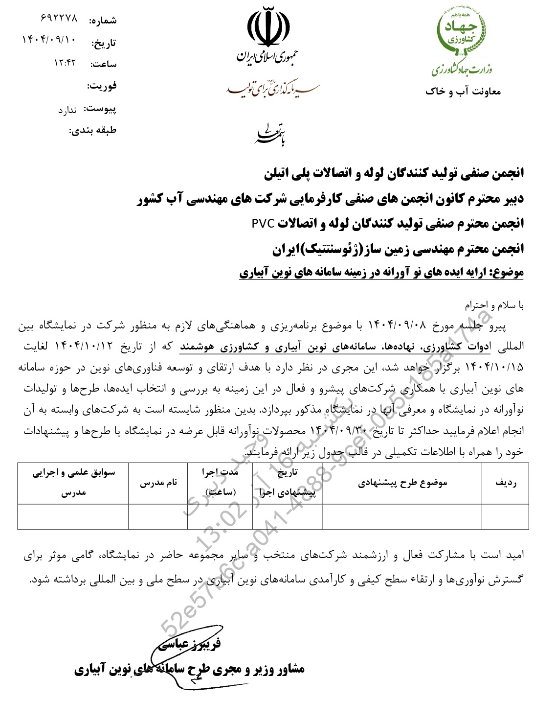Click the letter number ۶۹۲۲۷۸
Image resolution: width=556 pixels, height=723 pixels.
pos(59,18)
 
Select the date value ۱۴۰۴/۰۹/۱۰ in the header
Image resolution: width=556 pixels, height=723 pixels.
pos(49,40)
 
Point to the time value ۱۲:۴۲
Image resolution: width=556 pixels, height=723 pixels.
pos(65,62)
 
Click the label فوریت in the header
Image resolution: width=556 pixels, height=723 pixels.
pos(102,86)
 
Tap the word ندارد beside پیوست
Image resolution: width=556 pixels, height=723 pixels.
pos(67,110)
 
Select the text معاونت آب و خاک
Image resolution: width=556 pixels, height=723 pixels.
pos(463,92)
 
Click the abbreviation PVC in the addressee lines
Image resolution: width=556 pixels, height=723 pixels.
pos(264,224)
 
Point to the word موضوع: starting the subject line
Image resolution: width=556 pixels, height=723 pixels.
pos(506,272)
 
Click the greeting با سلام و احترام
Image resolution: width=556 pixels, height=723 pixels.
pos(494,306)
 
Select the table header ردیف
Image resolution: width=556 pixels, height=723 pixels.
pos(505,483)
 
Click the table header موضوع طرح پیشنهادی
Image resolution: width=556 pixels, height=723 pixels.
pos(402,483)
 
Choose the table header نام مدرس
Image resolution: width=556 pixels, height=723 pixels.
pos(158,483)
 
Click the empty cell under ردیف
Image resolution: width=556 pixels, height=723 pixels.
pos(505,516)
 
